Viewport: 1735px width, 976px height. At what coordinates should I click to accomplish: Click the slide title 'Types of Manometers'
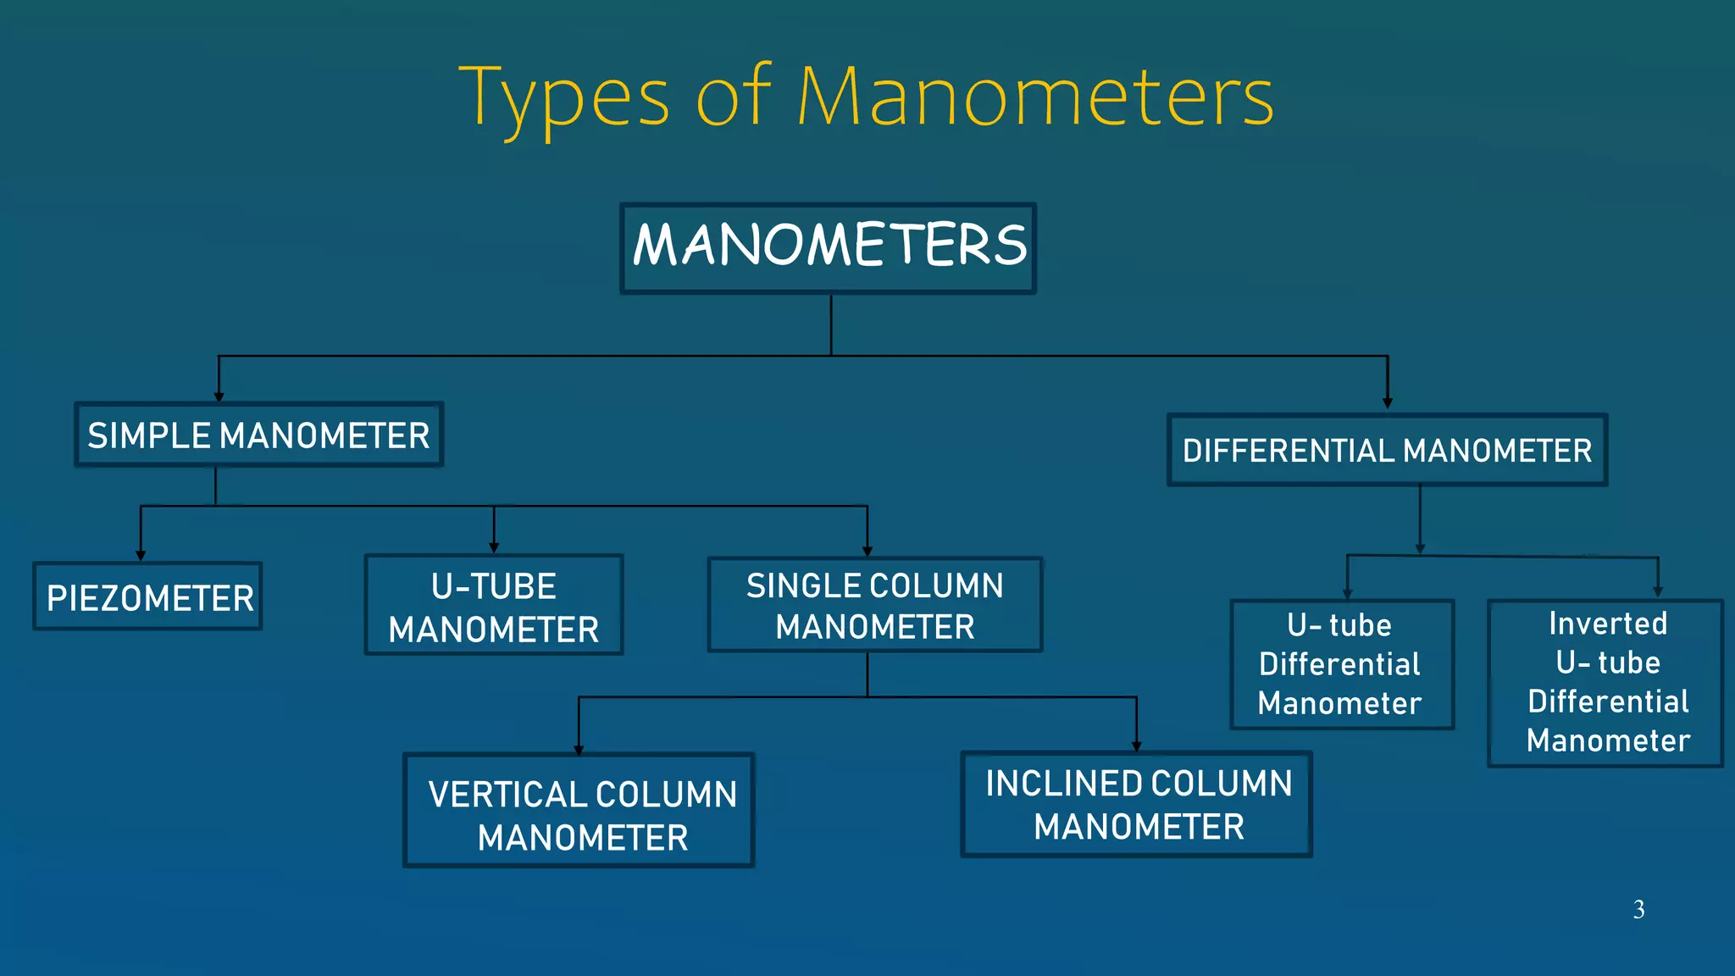pos(866,97)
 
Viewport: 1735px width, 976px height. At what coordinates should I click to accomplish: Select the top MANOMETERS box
pos(828,248)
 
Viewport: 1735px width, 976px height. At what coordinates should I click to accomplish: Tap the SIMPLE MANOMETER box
pos(258,435)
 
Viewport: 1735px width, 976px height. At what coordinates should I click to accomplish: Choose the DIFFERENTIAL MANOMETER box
pos(1387,450)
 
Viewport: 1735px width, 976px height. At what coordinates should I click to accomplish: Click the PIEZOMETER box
pos(148,596)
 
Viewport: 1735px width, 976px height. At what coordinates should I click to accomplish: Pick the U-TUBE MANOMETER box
pos(494,605)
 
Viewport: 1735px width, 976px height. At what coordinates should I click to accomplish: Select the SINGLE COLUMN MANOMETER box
pos(874,605)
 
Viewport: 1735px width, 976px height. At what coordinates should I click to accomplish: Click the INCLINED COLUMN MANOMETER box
pos(1136,804)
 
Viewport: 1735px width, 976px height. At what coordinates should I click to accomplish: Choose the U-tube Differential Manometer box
pos(1342,664)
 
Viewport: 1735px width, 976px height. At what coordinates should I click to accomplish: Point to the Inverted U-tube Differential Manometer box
pos(1605,683)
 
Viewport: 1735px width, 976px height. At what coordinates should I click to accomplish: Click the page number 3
pos(1638,910)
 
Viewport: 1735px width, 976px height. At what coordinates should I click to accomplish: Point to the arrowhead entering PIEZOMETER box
pos(141,556)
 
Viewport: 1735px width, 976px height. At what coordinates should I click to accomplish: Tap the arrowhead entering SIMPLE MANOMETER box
pos(219,396)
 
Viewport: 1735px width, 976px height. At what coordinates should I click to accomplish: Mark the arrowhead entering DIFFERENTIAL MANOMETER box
pos(1387,404)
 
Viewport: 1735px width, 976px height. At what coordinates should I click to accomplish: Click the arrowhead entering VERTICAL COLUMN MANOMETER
pos(579,750)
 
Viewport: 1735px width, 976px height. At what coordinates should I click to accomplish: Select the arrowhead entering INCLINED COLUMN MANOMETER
pos(1136,746)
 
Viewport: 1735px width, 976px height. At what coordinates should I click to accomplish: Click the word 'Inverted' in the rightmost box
pos(1607,624)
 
